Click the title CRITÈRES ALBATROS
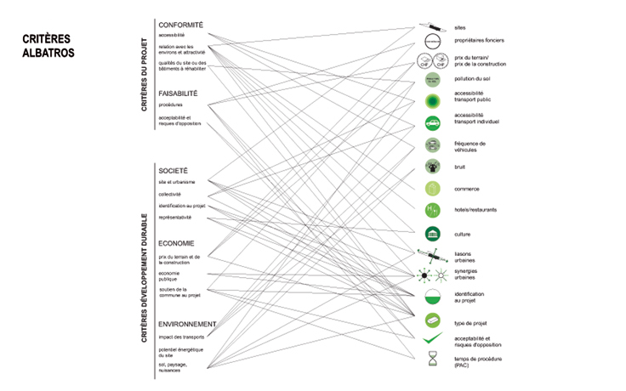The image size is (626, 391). click(x=48, y=46)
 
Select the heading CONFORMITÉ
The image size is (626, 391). click(x=180, y=25)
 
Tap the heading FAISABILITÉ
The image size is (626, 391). click(x=178, y=93)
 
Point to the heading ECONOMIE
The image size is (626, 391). click(x=177, y=243)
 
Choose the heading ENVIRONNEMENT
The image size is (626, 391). click(x=187, y=324)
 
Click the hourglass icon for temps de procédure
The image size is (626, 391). click(x=432, y=360)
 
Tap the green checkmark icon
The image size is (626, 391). click(x=432, y=340)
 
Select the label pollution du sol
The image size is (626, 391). click(x=473, y=79)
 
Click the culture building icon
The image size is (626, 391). click(x=432, y=233)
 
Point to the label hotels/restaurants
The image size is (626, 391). click(x=475, y=209)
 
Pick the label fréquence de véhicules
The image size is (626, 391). click(x=470, y=146)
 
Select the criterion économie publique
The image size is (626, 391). click(x=170, y=275)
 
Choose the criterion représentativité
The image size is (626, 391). click(x=174, y=218)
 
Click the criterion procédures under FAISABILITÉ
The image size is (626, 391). click(x=171, y=105)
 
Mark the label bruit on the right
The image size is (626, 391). click(x=460, y=167)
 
